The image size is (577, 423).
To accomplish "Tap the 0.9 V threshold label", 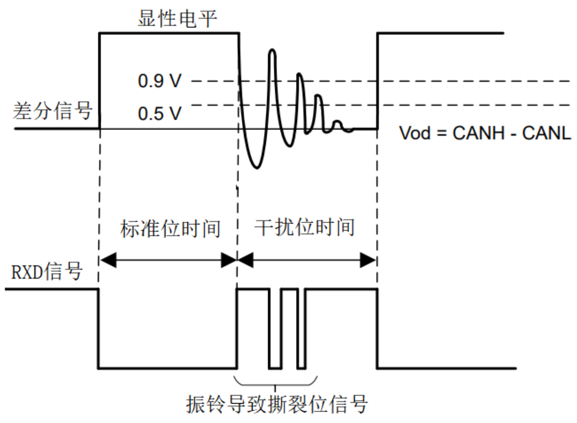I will point(159,82).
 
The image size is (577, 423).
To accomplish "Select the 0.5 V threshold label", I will point(159,113).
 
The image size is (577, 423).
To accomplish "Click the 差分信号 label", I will point(52,112).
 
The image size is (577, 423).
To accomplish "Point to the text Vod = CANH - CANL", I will point(485,133).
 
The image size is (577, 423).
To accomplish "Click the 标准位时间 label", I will point(170,229).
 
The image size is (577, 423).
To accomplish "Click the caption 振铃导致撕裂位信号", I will point(278,405).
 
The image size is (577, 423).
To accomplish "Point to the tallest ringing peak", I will point(272,51).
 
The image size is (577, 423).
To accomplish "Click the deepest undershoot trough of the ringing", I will point(256,167).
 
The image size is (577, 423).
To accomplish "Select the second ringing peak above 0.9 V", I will point(299,75).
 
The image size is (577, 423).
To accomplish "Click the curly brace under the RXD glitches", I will point(276,381).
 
